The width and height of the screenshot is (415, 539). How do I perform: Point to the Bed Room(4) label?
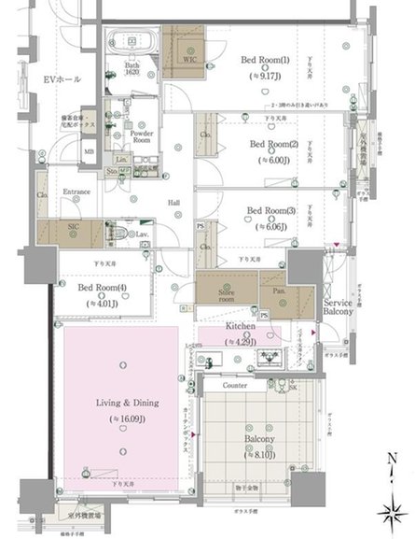coord(102,289)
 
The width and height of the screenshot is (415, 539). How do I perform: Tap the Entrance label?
coord(76,192)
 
